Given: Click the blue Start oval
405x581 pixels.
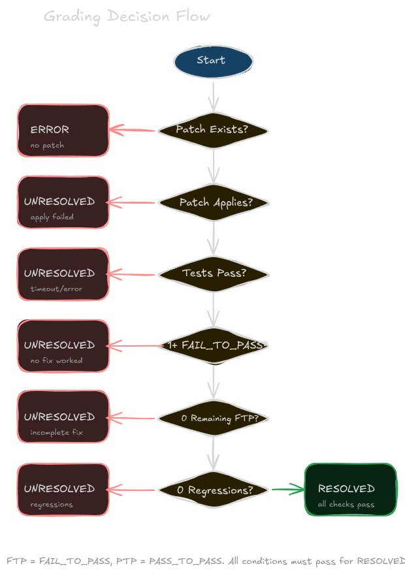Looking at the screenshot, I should click(x=213, y=61).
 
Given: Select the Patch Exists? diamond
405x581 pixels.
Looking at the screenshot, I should click(x=213, y=130).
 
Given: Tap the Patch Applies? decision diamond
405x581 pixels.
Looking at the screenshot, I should click(x=213, y=202).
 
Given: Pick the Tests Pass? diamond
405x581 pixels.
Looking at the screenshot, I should click(x=213, y=274).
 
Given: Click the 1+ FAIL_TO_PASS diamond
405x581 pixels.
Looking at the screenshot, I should click(x=213, y=345).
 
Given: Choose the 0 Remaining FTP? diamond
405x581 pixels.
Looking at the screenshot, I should click(x=213, y=418).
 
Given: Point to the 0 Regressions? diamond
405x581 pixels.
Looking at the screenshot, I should click(x=213, y=490).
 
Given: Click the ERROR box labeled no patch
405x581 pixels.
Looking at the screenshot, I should click(x=63, y=131).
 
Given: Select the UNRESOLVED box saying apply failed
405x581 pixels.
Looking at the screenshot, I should click(x=63, y=202).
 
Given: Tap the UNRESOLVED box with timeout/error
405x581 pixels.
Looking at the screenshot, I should click(x=63, y=274).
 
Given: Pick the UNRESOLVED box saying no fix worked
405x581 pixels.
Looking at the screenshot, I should click(x=63, y=346).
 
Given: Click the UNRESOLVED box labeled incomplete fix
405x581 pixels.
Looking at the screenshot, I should click(x=63, y=418).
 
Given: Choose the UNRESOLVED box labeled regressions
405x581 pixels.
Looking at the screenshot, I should click(x=63, y=490).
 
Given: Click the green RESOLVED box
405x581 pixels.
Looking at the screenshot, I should click(x=350, y=490).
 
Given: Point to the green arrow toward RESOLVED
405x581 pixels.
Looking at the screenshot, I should click(x=287, y=489).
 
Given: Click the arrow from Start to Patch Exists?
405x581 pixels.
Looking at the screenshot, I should click(x=213, y=95).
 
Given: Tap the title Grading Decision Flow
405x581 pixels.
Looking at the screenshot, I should click(x=127, y=16).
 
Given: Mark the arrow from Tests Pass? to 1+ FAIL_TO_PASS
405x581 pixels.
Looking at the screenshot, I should click(x=213, y=309).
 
